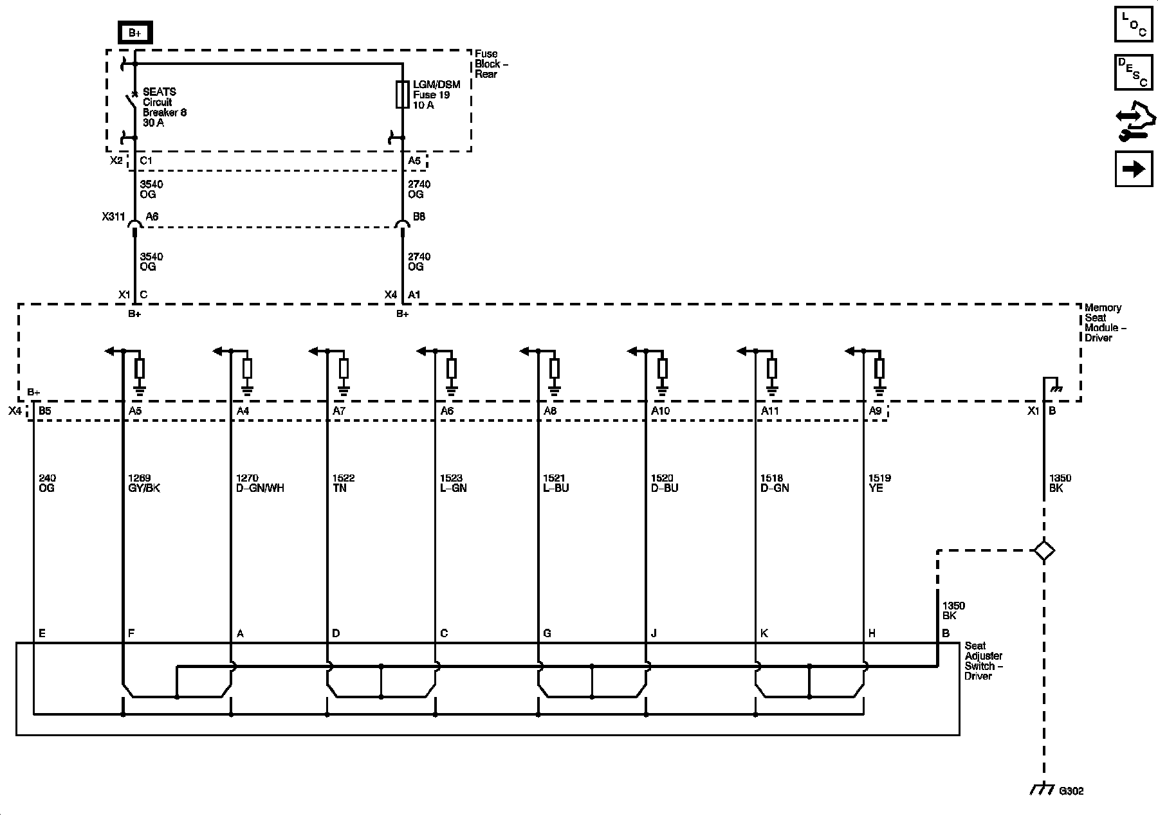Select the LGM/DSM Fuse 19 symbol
[403, 95]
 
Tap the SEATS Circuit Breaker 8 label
[164, 107]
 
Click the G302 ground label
[1071, 791]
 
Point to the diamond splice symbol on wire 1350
[1043, 550]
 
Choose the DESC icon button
[1133, 73]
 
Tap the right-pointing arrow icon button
[1133, 168]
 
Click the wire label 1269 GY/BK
[144, 483]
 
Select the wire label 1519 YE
[880, 483]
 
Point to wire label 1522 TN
[343, 483]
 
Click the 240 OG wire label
[47, 483]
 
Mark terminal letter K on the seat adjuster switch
[764, 633]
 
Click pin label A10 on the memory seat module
[661, 411]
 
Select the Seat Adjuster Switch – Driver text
[984, 661]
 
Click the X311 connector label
[113, 217]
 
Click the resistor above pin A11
[771, 369]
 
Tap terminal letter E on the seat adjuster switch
[42, 633]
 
